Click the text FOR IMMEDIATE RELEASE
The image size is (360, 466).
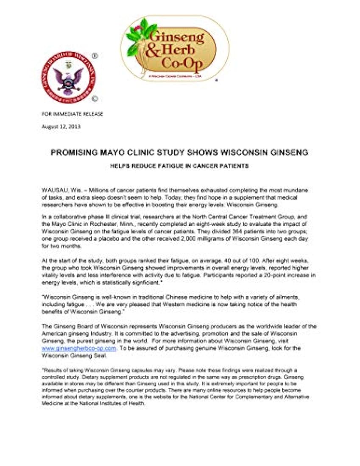click(72, 114)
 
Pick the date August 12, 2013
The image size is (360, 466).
click(61, 126)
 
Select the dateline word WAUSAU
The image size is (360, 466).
click(53, 187)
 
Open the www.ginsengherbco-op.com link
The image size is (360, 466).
click(79, 348)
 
